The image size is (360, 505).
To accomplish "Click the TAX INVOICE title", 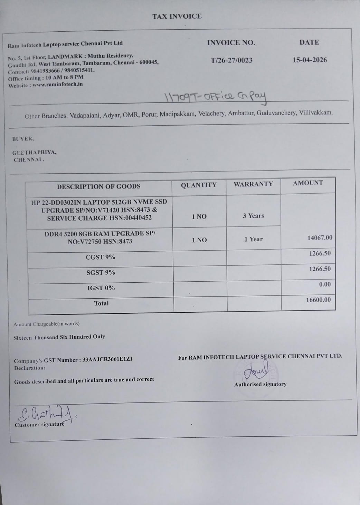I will coord(177,16).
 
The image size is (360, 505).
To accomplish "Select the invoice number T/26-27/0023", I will coord(231,60).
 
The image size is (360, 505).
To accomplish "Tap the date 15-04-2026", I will coord(310,60).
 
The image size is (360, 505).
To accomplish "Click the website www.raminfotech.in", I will coord(58,85).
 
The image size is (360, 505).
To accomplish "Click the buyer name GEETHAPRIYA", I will coord(34,152).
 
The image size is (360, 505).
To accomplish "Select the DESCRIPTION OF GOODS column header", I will coord(98,187).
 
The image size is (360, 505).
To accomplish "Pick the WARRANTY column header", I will coord(253,184).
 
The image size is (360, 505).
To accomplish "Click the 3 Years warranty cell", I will coord(253,216).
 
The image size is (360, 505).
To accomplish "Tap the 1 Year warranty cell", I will coord(254,239).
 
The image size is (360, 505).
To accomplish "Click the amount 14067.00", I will coord(320,238).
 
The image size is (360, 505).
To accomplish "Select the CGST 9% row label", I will coord(100,257).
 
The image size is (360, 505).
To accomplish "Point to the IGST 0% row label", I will coord(101,288).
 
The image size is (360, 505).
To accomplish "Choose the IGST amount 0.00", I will coord(325,284).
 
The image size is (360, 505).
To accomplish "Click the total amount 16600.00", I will coord(318,300).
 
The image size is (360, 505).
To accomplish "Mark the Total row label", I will coord(101,303).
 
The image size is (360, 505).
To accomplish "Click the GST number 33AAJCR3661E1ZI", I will coord(107,359).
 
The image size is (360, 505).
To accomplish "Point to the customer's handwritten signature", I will coord(45,414).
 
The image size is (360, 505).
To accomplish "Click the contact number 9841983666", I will coord(45,71).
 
